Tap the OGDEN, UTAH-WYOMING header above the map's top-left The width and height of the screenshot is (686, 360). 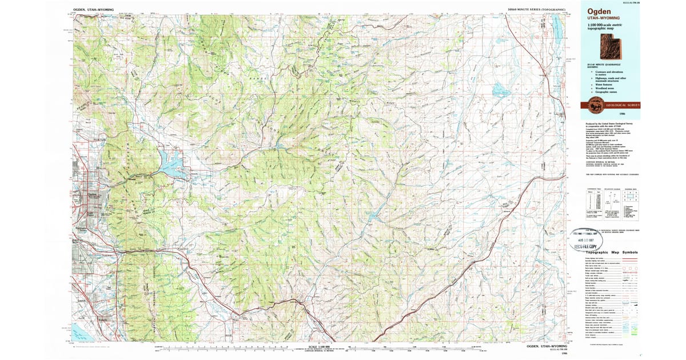[94, 10]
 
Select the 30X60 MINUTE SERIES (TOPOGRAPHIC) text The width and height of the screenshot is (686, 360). [537, 10]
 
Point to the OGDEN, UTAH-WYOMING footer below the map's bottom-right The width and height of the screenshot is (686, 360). [547, 346]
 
